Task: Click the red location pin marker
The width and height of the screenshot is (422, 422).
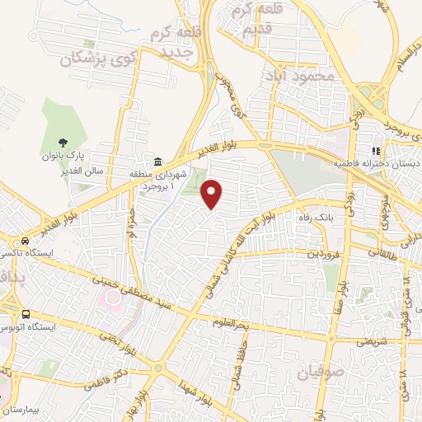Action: (213, 193)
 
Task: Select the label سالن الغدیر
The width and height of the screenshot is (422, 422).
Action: (57, 169)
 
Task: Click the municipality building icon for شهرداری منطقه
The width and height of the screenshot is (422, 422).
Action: (157, 160)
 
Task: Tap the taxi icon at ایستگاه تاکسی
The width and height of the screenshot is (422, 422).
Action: (26, 242)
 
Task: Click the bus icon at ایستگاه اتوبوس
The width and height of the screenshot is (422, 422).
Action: (26, 314)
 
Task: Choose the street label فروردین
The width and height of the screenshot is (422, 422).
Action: (324, 254)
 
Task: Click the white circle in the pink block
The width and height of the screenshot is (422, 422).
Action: (110, 295)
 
